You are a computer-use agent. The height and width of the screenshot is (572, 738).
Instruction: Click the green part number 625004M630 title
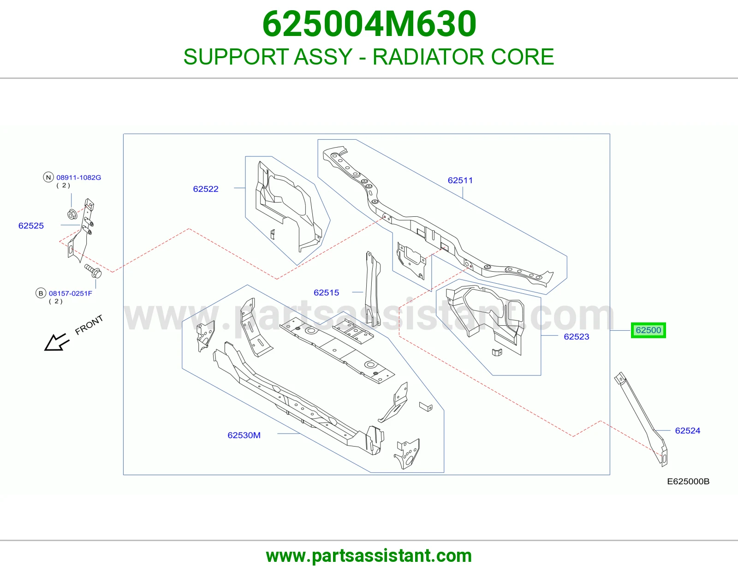369,24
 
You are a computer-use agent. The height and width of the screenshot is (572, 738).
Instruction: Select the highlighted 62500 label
648,330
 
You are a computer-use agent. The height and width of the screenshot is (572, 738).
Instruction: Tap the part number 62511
460,180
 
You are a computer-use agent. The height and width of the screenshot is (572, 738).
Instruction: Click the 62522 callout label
206,189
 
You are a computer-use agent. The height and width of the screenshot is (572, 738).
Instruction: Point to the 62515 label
327,292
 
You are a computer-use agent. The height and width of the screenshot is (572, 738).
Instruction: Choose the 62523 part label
577,337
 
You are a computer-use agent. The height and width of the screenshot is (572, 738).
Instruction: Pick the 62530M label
244,435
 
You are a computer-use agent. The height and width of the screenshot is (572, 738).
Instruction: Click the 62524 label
687,431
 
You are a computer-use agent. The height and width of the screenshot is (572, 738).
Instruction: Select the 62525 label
31,226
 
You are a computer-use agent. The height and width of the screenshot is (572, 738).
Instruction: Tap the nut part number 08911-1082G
78,177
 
